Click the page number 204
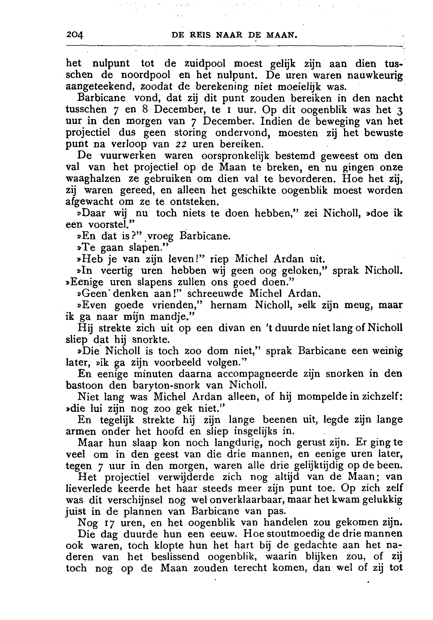pos(74,35)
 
